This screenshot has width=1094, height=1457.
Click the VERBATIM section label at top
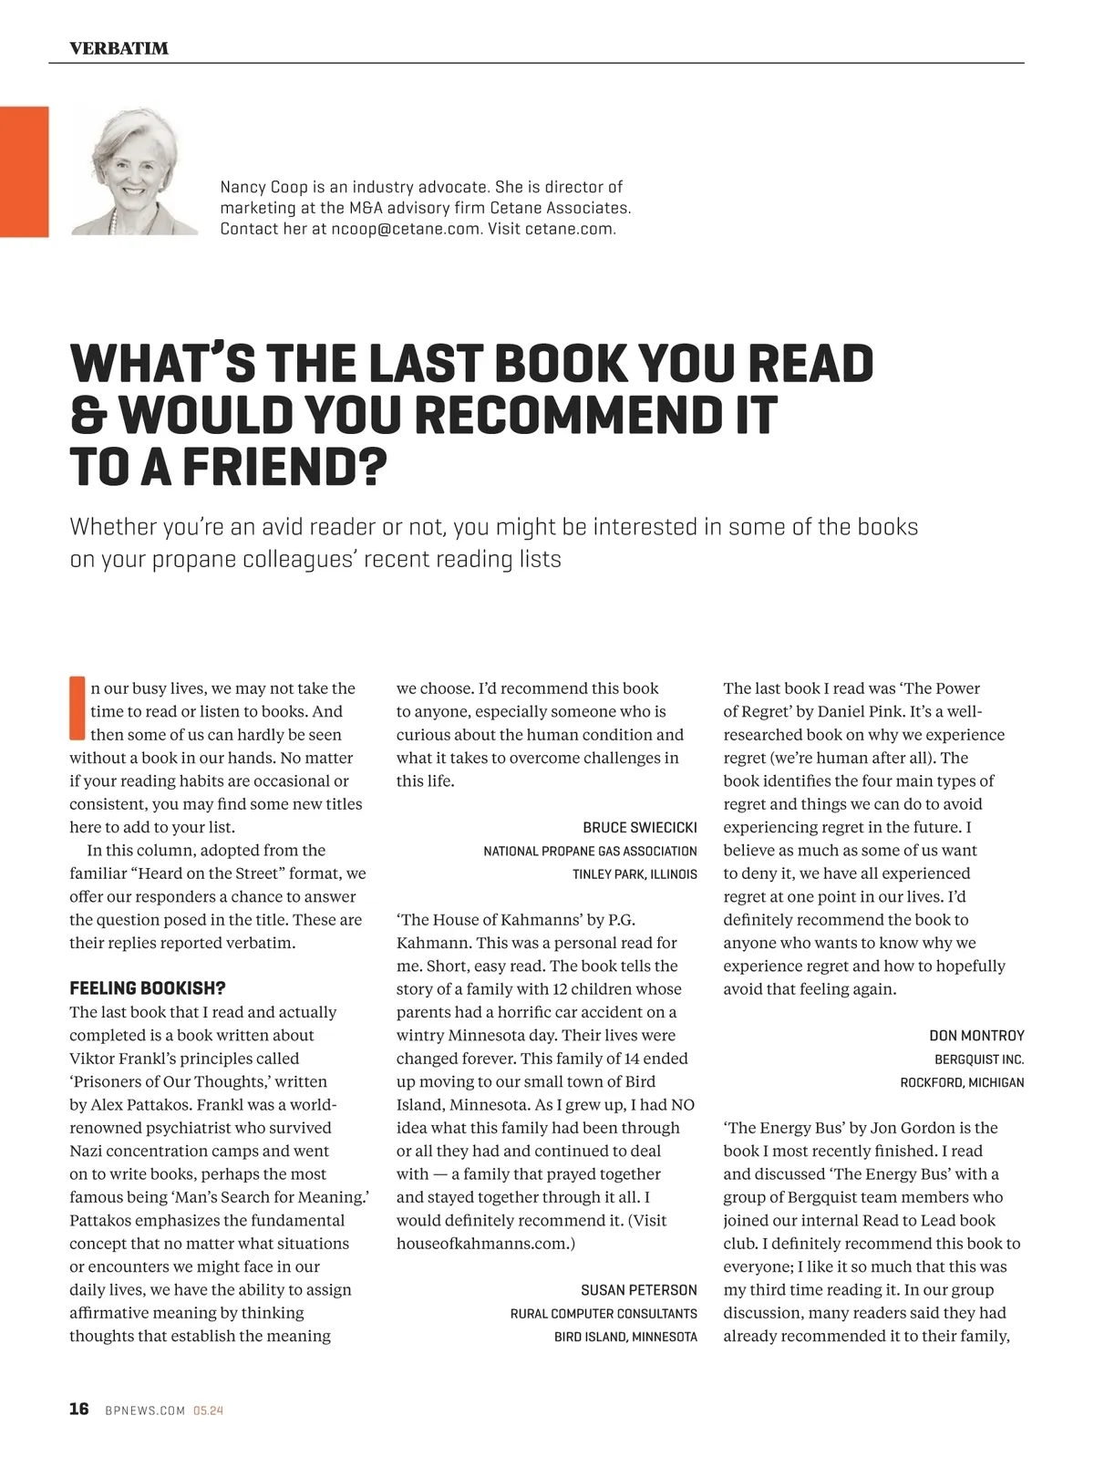(x=119, y=48)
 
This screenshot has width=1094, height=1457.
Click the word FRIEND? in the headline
(x=280, y=467)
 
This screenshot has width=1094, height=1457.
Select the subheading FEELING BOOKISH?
(x=148, y=988)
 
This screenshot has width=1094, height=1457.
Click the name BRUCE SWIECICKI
(x=639, y=827)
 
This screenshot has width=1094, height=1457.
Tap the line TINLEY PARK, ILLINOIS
(x=635, y=873)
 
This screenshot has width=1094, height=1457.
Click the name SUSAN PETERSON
(x=638, y=1290)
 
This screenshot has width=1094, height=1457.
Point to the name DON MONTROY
(x=976, y=1036)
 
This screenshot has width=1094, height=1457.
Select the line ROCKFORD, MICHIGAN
(x=962, y=1082)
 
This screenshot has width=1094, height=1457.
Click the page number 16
(x=79, y=1410)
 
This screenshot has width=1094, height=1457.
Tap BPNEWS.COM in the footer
(x=145, y=1411)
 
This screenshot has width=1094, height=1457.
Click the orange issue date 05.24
(x=209, y=1411)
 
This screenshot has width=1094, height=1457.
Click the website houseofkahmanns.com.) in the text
(x=485, y=1244)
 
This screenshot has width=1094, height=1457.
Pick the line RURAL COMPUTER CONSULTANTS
(x=604, y=1314)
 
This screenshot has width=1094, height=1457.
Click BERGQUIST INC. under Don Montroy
(x=979, y=1059)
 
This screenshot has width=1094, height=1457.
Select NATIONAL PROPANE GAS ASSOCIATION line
(x=590, y=851)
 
